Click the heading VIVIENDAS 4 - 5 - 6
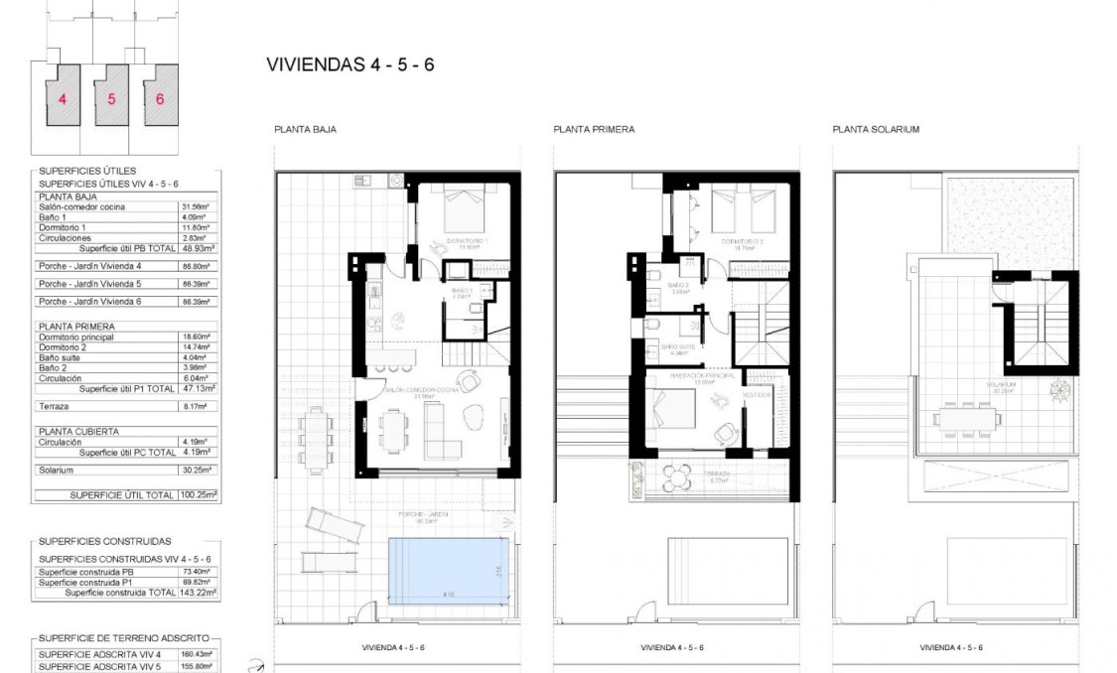(x=350, y=66)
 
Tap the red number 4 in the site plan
(x=63, y=99)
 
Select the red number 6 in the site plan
(x=159, y=99)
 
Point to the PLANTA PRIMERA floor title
(x=594, y=130)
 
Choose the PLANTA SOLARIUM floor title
(x=876, y=130)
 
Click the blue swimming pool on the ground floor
(x=448, y=570)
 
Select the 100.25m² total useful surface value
(x=197, y=493)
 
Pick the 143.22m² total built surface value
(x=197, y=592)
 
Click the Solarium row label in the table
(x=58, y=471)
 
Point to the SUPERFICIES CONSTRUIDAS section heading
(x=104, y=542)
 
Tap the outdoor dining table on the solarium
(x=966, y=419)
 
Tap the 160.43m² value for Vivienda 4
(x=197, y=654)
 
